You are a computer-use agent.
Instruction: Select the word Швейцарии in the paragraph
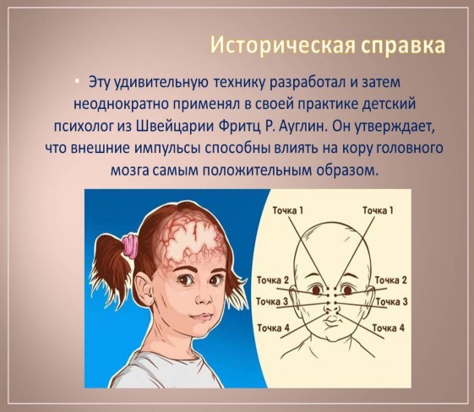point(176,127)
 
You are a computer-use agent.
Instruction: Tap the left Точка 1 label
point(288,210)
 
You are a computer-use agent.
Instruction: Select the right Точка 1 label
point(378,210)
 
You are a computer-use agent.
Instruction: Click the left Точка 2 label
point(273,280)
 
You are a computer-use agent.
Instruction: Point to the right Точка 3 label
point(392,301)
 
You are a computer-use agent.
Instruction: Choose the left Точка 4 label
point(273,328)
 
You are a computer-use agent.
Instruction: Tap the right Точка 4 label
point(388,328)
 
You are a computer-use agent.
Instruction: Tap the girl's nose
point(203,299)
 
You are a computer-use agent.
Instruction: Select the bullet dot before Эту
point(78,81)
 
